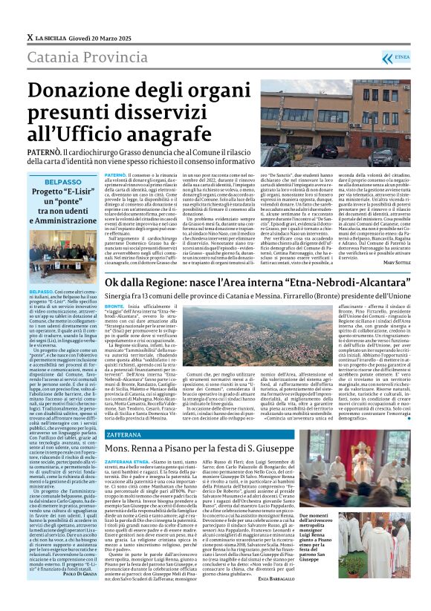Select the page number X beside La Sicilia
tap(30, 36)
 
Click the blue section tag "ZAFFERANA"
tap(129, 431)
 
